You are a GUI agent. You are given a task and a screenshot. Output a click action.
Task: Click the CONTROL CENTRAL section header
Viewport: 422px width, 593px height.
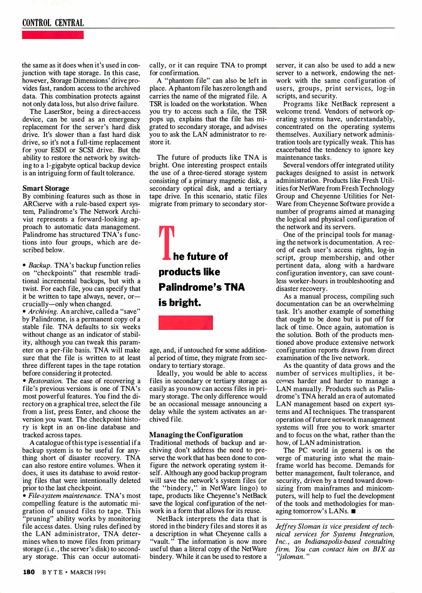click(x=53, y=23)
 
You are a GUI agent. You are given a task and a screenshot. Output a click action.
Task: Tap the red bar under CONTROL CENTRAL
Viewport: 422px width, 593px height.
click(x=53, y=35)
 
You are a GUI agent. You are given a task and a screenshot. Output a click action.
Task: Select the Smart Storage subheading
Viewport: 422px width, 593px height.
click(x=46, y=188)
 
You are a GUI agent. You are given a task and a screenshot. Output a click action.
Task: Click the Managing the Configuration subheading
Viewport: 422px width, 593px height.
click(x=196, y=435)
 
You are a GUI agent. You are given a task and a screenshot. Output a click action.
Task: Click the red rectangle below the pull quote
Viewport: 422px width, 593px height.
click(x=185, y=323)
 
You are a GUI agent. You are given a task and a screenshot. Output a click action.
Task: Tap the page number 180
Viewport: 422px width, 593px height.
click(x=29, y=572)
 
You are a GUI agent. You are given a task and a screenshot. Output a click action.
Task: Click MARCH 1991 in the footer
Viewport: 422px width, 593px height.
click(x=88, y=572)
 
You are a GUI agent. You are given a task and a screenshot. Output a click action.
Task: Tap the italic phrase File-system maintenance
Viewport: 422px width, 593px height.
click(x=65, y=496)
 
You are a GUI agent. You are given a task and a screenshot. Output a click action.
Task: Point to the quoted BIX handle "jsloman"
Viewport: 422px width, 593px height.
click(x=291, y=557)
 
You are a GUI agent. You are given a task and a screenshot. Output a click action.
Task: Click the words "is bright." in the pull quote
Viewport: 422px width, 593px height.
click(x=180, y=303)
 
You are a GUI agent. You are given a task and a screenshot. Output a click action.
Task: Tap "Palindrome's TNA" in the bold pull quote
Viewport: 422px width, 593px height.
click(x=202, y=287)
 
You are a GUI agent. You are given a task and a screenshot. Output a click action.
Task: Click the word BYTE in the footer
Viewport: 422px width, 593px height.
click(x=52, y=572)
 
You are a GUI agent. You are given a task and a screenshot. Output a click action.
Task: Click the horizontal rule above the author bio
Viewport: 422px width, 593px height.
click(x=335, y=519)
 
